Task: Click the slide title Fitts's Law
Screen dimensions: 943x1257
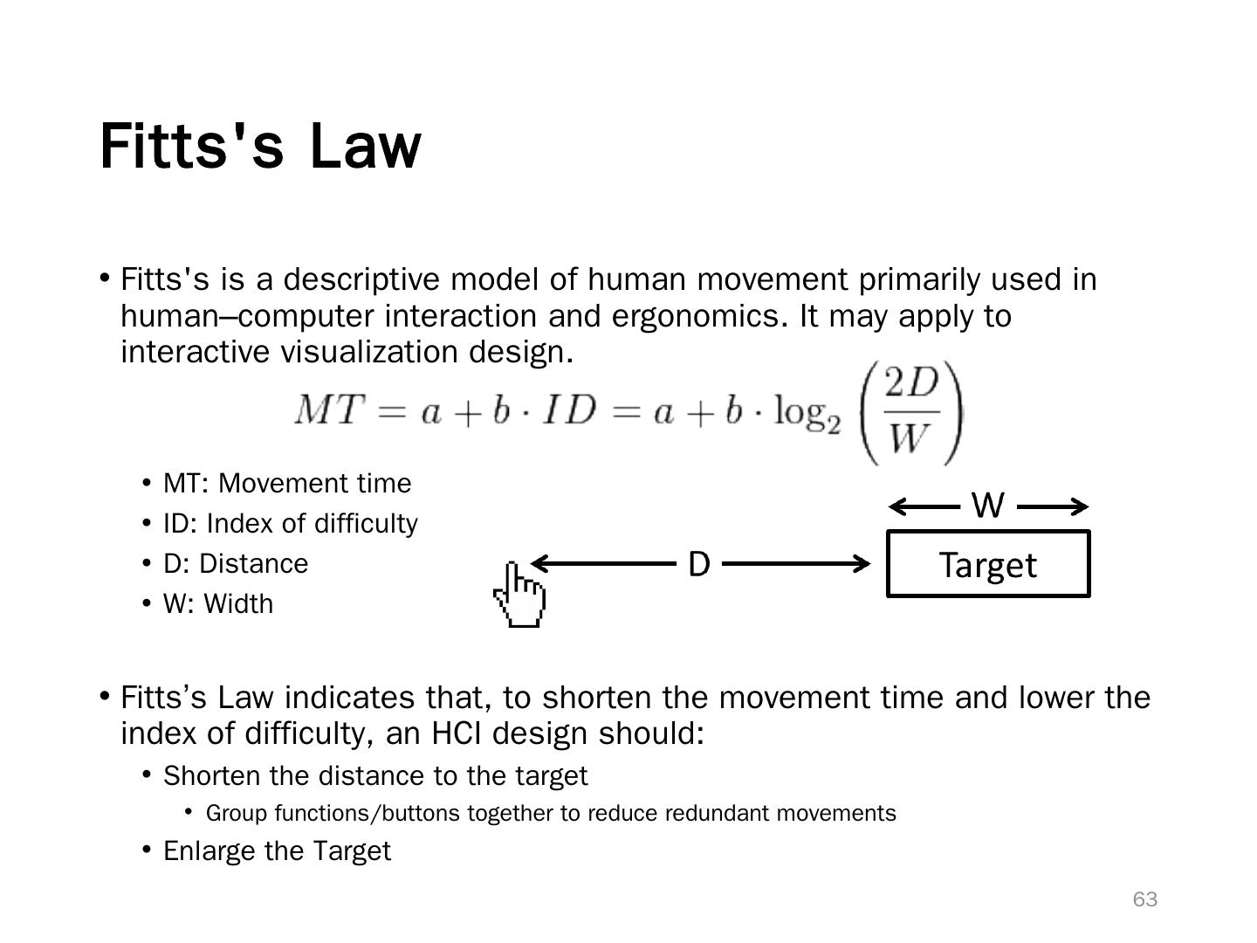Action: (260, 146)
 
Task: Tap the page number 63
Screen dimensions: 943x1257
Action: (1144, 899)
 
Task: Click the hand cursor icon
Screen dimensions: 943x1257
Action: (520, 595)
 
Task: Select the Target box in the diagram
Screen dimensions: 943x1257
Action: (988, 564)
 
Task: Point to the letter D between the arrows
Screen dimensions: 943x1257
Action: (699, 565)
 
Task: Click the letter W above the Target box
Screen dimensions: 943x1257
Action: (987, 506)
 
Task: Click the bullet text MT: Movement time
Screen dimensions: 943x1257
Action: (286, 484)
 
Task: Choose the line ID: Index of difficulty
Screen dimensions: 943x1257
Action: (290, 524)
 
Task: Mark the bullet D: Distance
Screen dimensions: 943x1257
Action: (236, 564)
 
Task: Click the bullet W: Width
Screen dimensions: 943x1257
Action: (218, 604)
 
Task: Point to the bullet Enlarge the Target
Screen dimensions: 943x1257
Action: (277, 851)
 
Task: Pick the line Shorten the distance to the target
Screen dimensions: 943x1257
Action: (375, 776)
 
